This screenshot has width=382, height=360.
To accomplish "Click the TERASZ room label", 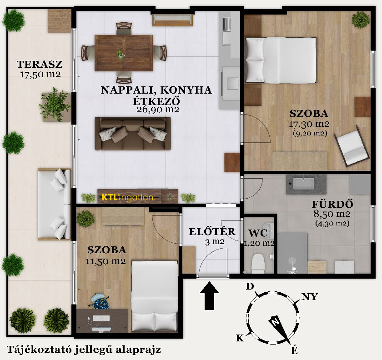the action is tap(40, 64).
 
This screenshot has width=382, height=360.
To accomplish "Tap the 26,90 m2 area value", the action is tap(158, 110).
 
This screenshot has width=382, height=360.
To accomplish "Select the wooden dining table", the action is tap(124, 53).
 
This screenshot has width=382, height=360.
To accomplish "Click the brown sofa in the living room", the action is tap(133, 133).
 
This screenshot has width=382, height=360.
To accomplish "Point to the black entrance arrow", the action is tap(209, 296).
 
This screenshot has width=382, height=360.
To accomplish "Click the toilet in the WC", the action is tap(258, 263).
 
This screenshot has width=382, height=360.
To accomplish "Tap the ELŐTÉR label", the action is tap(212, 232).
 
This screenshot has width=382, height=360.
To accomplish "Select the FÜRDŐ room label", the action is tap(332, 204).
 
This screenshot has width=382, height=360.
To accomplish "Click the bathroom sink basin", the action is tap(303, 184).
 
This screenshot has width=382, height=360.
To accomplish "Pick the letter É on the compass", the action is tap(295, 350).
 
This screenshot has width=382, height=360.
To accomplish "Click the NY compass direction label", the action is tap(310, 297).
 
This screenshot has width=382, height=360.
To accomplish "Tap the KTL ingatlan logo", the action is tap(128, 197).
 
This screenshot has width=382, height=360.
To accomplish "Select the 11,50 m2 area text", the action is tap(106, 261).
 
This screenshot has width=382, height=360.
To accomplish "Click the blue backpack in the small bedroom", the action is tap(100, 301).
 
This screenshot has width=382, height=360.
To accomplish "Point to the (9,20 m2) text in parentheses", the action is tap(310, 133).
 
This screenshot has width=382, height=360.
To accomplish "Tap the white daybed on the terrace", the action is tap(54, 204).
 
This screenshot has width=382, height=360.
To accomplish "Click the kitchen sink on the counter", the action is tap(226, 25).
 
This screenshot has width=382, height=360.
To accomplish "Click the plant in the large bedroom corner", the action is tap(361, 20).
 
